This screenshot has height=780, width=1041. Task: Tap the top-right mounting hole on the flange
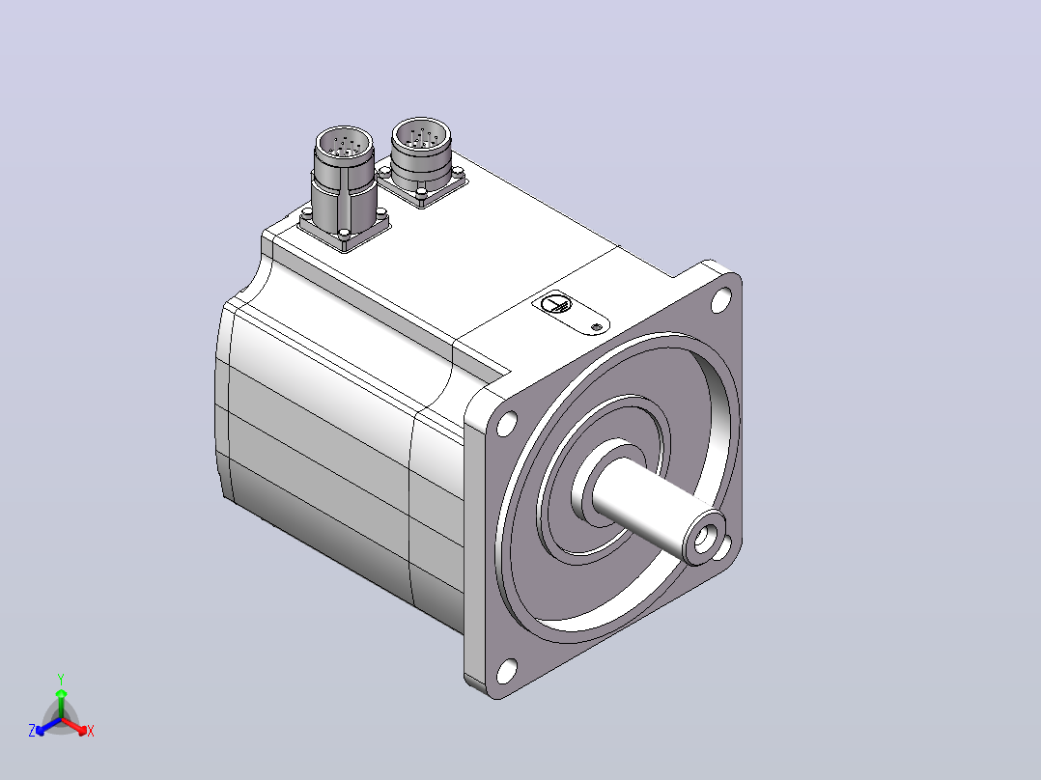pyautogui.click(x=721, y=298)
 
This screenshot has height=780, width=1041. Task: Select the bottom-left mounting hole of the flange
pyautogui.click(x=507, y=671)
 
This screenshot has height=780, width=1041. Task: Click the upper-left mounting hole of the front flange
pyautogui.click(x=507, y=423)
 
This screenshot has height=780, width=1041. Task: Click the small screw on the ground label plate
pyautogui.click(x=596, y=326)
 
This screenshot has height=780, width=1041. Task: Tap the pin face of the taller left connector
pyautogui.click(x=343, y=143)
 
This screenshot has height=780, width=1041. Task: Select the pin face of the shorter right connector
pyautogui.click(x=421, y=135)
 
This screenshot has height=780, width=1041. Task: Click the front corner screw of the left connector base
pyautogui.click(x=343, y=234)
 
